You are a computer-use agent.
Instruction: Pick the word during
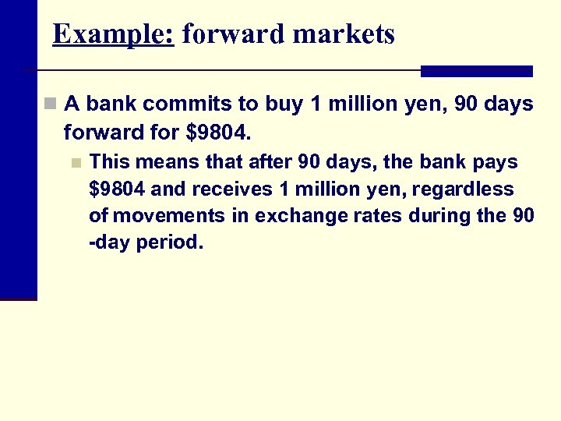[x=443, y=215]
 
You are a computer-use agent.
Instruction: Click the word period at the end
[x=169, y=242]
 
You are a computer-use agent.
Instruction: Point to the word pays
[x=495, y=162]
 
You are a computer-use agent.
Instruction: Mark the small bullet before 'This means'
[x=75, y=163]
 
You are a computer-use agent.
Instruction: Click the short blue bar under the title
[x=476, y=71]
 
